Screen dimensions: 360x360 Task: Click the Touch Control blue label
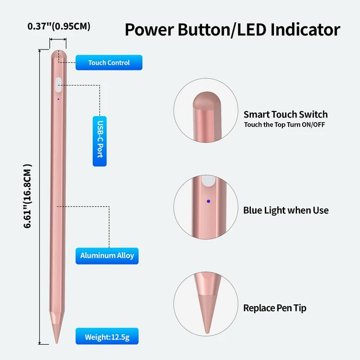[109, 62]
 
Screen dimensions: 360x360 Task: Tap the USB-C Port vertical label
[100, 141]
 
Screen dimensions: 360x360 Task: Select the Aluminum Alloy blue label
[107, 256]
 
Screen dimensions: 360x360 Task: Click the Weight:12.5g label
[107, 336]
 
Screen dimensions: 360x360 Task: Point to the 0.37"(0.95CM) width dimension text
[58, 26]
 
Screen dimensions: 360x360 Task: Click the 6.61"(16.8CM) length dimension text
[28, 196]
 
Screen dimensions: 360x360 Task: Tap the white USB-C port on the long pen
[58, 85]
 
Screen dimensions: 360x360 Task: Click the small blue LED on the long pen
[58, 99]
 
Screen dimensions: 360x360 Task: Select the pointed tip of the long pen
[56, 343]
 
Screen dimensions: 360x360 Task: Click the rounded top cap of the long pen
[58, 55]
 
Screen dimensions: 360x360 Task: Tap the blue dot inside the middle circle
[209, 201]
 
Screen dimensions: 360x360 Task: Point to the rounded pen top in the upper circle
[206, 101]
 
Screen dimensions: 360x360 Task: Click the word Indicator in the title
[305, 30]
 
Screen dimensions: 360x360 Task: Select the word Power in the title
[150, 30]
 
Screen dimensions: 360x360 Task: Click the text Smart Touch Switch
[286, 114]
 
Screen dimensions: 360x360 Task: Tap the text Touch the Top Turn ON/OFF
[285, 125]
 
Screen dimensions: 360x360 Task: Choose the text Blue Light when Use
[286, 210]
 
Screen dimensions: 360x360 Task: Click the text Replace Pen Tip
[275, 308]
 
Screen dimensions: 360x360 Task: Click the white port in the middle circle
[209, 181]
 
